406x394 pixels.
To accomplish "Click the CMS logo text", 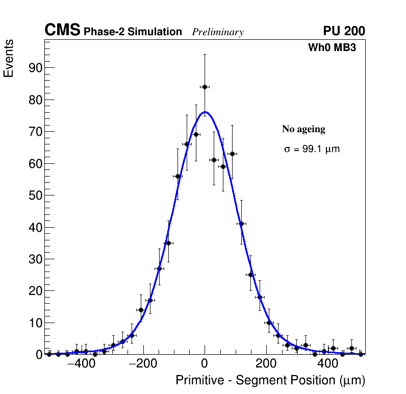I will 62,31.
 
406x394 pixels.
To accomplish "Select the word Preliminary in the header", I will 218,32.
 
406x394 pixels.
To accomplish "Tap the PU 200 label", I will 344,31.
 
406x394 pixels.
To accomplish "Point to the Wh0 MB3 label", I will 332,47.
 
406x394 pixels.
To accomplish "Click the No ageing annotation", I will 303,129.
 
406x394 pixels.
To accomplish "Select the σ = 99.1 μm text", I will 312,150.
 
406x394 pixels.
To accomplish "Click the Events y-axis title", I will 9,58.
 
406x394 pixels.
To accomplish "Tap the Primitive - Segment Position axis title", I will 270,381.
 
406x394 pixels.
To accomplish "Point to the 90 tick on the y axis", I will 34,68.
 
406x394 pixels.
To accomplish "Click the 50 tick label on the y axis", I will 34,195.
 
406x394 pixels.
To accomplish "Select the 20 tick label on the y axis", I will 34,291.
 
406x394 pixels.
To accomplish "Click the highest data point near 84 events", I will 205,87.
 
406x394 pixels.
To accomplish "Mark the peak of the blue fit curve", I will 205,112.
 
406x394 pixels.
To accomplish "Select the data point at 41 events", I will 241,224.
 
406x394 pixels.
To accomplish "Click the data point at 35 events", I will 168,243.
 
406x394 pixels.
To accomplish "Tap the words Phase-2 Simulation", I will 133,32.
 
